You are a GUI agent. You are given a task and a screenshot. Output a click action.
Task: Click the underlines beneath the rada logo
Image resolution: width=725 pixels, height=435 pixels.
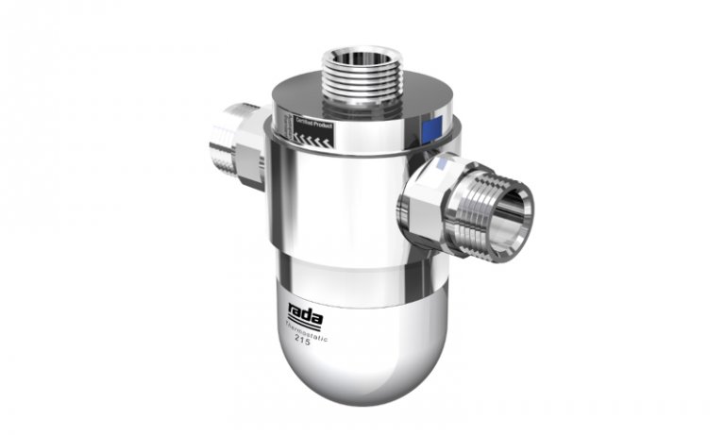point(304,316)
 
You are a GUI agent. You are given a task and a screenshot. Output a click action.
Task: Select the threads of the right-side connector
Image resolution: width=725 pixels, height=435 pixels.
point(472,203)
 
